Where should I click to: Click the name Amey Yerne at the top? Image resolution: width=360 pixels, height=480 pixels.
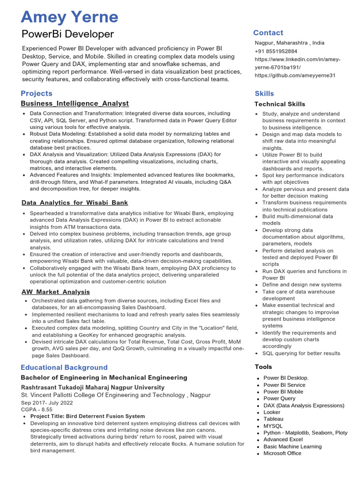[x=69, y=17]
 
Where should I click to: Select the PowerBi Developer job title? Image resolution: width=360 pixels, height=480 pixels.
[x=67, y=34]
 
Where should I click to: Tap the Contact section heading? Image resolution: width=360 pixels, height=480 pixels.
[x=268, y=33]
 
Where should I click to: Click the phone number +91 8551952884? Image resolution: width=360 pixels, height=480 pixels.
[x=276, y=51]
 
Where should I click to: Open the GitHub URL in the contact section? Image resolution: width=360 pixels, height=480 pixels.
[x=295, y=75]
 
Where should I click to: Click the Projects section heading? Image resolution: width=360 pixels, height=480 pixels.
[x=37, y=93]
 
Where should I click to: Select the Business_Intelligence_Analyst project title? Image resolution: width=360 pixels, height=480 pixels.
[x=75, y=103]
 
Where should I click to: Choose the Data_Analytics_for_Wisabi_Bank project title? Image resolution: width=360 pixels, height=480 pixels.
[x=75, y=203]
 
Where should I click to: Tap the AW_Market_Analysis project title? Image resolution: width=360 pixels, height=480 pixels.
[x=56, y=292]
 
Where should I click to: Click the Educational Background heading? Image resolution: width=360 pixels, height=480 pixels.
[x=64, y=367]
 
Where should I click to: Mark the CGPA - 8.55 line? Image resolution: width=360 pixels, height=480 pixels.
[x=37, y=409]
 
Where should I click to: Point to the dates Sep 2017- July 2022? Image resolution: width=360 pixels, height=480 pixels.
[x=47, y=402]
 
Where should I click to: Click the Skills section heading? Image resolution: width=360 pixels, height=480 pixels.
[x=264, y=93]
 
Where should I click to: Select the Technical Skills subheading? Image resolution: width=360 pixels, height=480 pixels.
[x=280, y=104]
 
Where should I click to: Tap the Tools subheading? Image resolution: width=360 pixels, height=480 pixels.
[x=263, y=367]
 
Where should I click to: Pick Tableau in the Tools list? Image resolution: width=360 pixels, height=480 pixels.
[x=273, y=419]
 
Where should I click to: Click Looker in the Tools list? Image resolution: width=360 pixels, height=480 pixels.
[x=272, y=412]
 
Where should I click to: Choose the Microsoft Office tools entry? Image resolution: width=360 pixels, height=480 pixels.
[x=282, y=453]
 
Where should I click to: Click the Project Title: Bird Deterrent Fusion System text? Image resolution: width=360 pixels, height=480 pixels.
[x=88, y=416]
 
